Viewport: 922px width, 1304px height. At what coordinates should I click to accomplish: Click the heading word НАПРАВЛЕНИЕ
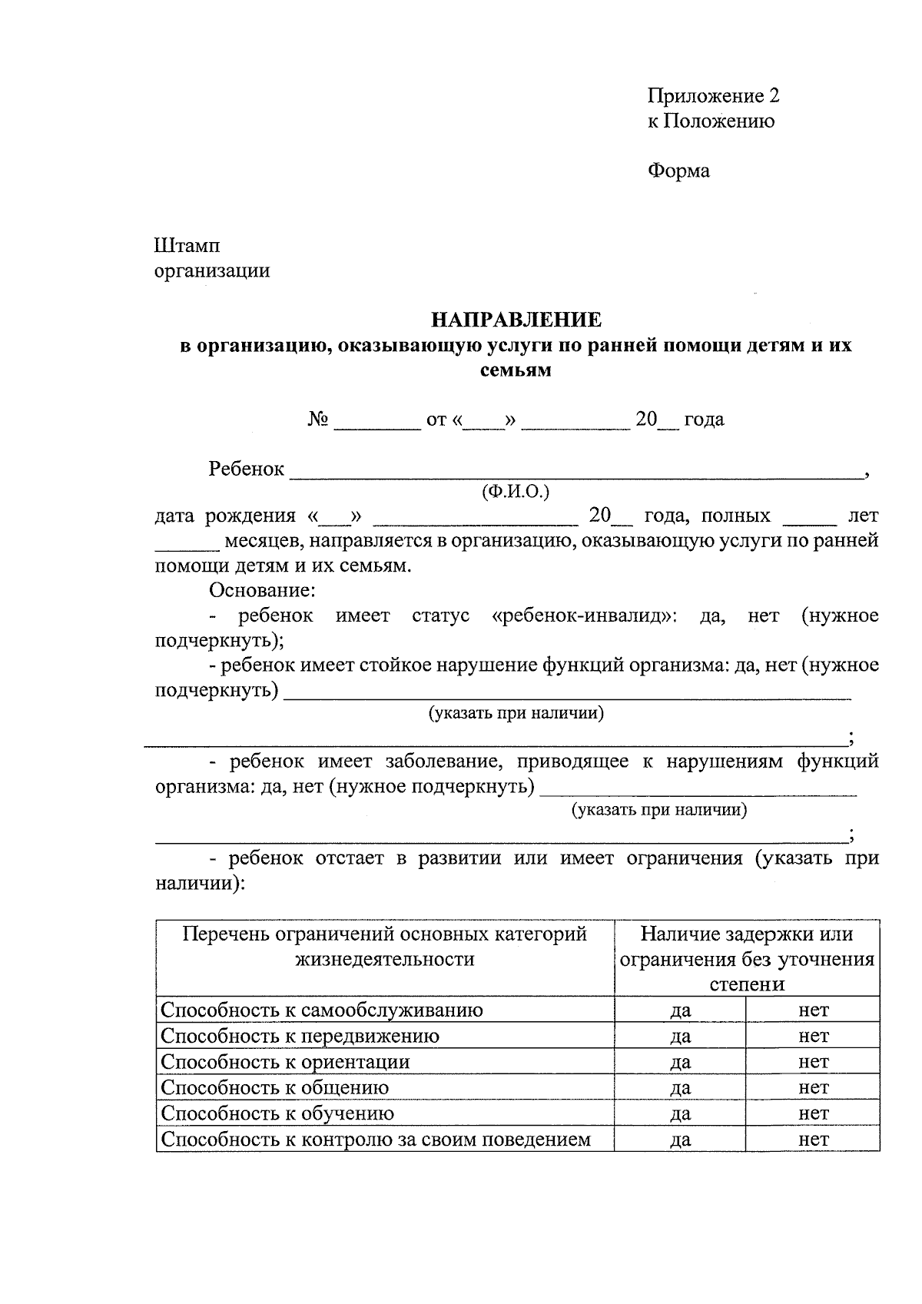pyautogui.click(x=516, y=320)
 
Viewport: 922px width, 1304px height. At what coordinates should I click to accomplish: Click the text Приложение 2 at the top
pyautogui.click(x=713, y=96)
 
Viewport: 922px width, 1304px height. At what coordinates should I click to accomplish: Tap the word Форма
pyautogui.click(x=678, y=171)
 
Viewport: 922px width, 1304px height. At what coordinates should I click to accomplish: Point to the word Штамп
pyautogui.click(x=187, y=246)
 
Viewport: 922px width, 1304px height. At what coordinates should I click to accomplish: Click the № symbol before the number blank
pyautogui.click(x=319, y=420)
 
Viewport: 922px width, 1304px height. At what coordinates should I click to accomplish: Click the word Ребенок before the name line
pyautogui.click(x=246, y=469)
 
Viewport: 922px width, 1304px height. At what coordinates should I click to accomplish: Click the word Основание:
pyautogui.click(x=261, y=590)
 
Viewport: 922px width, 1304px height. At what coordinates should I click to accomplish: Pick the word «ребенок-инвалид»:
pyautogui.click(x=584, y=616)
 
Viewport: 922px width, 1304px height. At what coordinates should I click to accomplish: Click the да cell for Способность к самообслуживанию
pyautogui.click(x=680, y=1010)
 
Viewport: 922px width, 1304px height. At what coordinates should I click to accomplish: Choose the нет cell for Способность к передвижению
pyautogui.click(x=813, y=1036)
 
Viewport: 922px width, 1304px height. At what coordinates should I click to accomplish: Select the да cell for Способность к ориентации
pyautogui.click(x=680, y=1062)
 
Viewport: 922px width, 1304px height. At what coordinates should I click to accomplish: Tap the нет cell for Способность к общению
pyautogui.click(x=813, y=1087)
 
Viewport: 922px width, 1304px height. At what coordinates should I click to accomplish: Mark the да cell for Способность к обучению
pyautogui.click(x=680, y=1113)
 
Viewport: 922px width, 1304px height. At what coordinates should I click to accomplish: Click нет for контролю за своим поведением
pyautogui.click(x=813, y=1139)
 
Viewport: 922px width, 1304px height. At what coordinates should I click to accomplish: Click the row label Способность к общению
pyautogui.click(x=275, y=1087)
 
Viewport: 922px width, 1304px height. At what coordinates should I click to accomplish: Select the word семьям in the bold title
pyautogui.click(x=516, y=370)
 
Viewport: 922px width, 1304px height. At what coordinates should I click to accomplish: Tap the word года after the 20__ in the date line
pyautogui.click(x=704, y=420)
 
